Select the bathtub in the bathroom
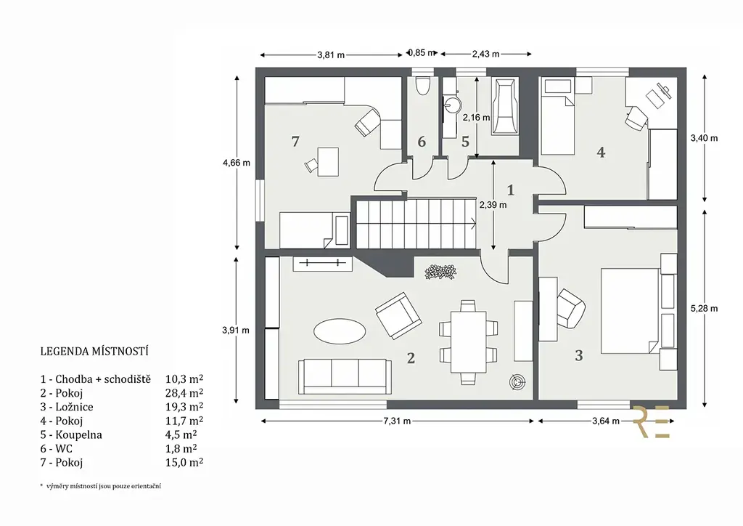(505, 106)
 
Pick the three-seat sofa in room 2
(345, 376)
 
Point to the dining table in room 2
(469, 341)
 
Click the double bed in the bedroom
(631, 311)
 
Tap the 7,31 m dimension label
(397, 421)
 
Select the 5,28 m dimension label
(704, 308)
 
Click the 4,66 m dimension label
(237, 163)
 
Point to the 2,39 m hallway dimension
(493, 205)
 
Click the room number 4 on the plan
(601, 153)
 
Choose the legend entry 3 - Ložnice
(67, 407)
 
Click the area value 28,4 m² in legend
(184, 393)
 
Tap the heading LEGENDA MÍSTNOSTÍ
(94, 352)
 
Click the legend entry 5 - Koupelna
(71, 435)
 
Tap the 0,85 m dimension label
(422, 53)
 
